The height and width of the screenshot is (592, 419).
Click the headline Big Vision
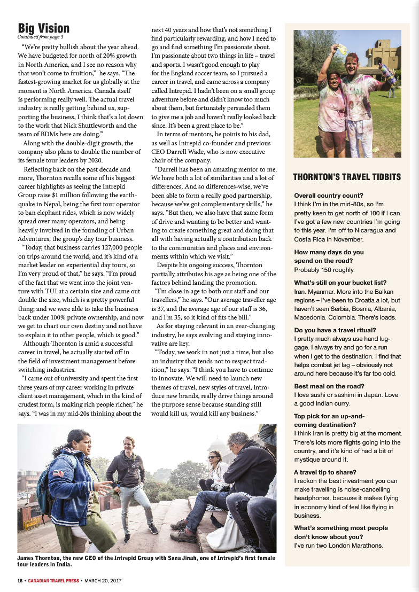pos(44,28)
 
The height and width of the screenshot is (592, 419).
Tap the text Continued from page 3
pos(40,37)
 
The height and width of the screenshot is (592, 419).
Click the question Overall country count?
pos(328,196)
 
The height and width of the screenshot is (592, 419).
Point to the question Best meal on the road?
pos(329,386)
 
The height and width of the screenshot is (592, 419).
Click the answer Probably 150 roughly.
pos(324,269)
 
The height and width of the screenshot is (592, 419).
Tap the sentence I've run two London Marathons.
pos(338,545)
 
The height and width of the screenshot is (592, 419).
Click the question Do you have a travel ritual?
pos(335,330)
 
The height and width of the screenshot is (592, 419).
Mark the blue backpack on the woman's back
pos(44,483)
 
